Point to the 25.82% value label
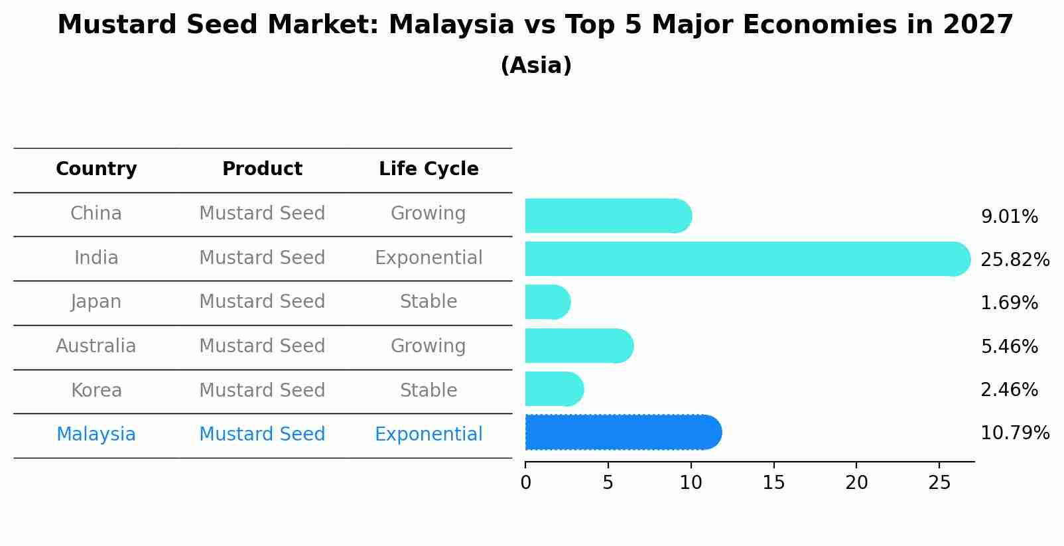click(x=1014, y=260)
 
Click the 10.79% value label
click(x=1014, y=433)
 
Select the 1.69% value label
click(x=1009, y=303)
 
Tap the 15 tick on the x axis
click(x=773, y=483)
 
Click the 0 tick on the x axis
click(x=526, y=483)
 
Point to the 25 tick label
click(x=939, y=483)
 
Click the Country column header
click(x=96, y=169)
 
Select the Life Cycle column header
click(x=429, y=169)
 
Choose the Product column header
click(x=262, y=169)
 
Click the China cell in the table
click(x=96, y=214)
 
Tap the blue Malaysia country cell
click(x=96, y=435)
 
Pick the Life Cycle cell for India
click(x=429, y=258)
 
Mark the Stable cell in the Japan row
click(x=429, y=302)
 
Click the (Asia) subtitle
click(x=536, y=66)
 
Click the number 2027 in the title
click(x=978, y=25)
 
